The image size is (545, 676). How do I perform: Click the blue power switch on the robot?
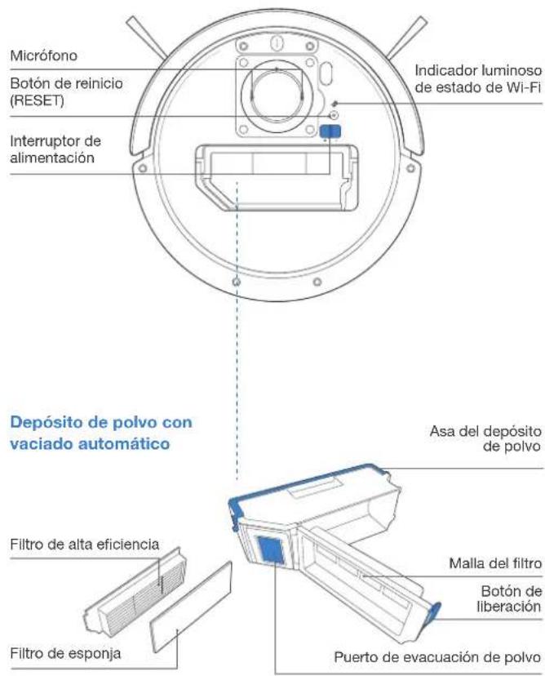coord(329,132)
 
